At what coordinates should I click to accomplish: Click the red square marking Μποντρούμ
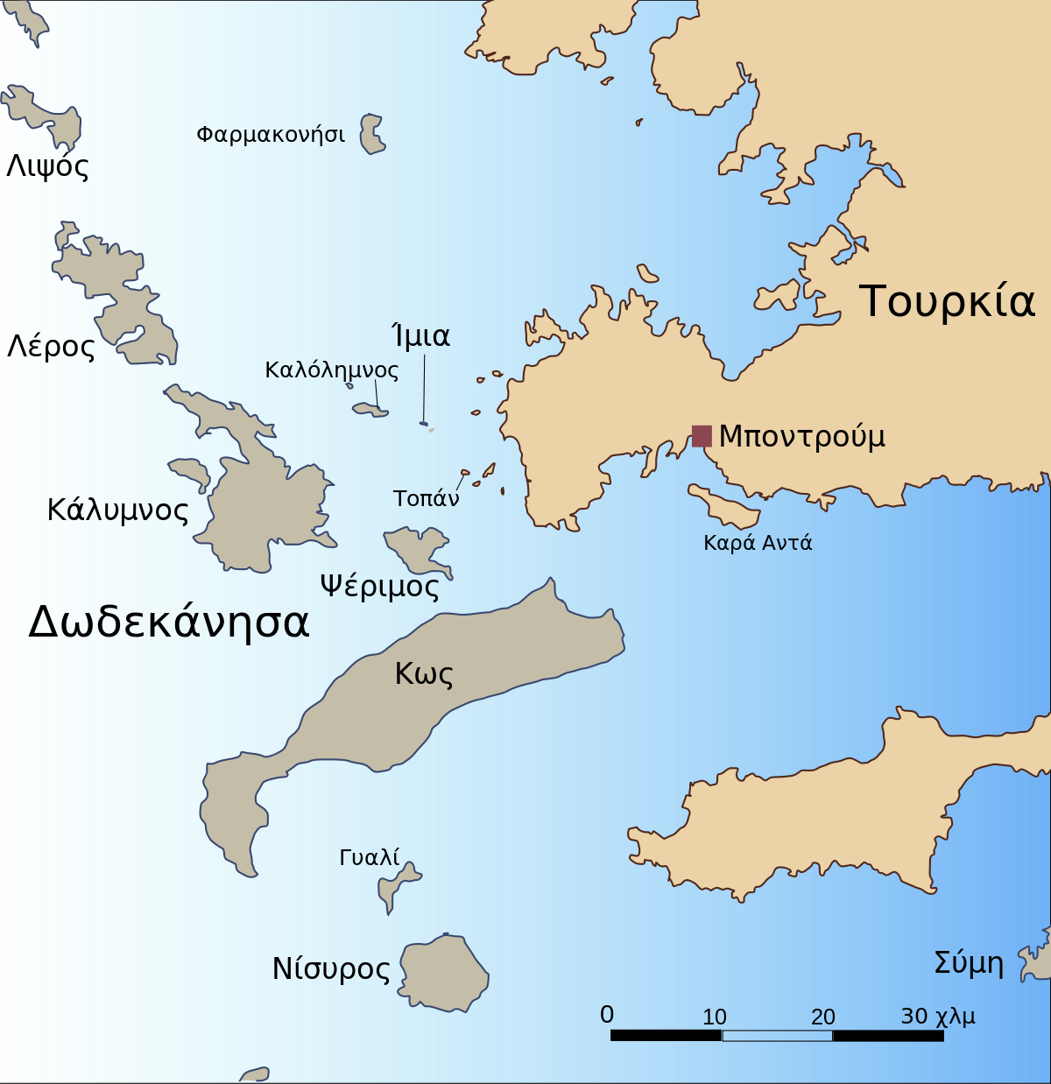(702, 435)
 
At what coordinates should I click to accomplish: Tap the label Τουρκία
(947, 301)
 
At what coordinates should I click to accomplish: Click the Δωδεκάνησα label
(169, 623)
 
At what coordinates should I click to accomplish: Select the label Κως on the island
(424, 673)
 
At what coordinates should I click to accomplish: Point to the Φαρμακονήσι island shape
(372, 134)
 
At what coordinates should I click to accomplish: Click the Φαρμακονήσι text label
(270, 135)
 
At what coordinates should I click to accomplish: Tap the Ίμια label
(421, 336)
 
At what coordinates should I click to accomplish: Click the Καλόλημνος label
(331, 370)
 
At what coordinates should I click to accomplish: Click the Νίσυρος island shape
(444, 973)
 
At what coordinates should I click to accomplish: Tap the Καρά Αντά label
(758, 543)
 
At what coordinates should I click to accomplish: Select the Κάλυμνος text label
(117, 510)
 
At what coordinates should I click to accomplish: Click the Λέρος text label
(51, 347)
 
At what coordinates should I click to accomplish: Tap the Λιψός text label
(47, 166)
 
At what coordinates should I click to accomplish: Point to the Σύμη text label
(969, 963)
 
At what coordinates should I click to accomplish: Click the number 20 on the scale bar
(822, 1017)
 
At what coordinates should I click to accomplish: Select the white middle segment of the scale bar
(777, 1036)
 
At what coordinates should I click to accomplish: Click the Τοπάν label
(426, 498)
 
